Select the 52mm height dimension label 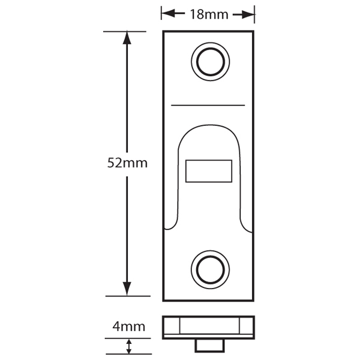pos(127,163)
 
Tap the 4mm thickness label pos(129,327)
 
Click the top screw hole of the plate pos(209,60)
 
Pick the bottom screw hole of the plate pos(209,267)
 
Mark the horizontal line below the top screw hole pos(208,105)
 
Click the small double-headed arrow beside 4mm pos(129,346)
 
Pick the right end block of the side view pos(247,326)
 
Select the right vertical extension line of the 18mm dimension pos(254,15)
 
